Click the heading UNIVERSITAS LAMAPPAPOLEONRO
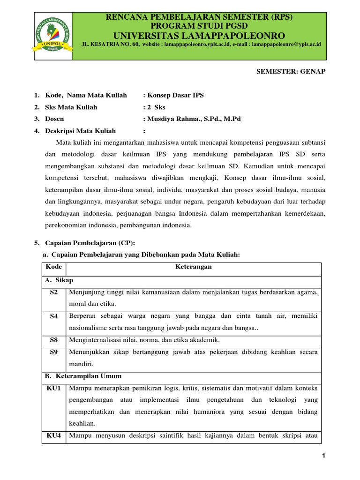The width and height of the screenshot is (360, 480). [x=199, y=36]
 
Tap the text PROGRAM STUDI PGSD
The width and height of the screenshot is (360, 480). [x=199, y=26]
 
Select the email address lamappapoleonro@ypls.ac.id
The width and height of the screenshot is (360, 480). [x=286, y=44]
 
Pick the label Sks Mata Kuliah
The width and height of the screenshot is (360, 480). [x=71, y=107]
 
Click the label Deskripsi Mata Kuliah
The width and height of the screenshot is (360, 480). [x=80, y=131]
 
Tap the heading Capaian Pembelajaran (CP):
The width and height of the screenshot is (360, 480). [x=90, y=242]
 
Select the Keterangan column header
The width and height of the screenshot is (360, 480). [x=194, y=267]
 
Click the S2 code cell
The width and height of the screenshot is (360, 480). [x=53, y=292]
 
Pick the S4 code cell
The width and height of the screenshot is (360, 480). [x=53, y=316]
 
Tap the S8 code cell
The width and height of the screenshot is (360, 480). [x=53, y=340]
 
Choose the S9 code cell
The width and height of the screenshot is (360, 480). [x=53, y=352]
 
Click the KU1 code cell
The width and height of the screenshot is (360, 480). [x=54, y=388]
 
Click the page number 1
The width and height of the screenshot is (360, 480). [x=323, y=457]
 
